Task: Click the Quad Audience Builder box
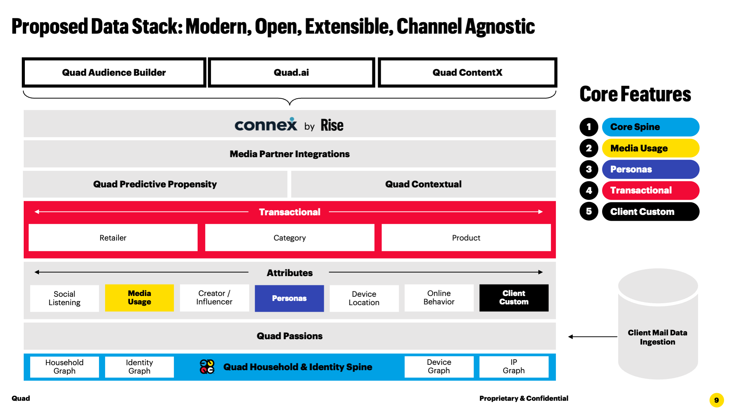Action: coord(114,73)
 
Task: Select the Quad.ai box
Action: coord(291,73)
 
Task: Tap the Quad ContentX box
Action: coord(467,73)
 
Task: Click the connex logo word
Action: coord(266,125)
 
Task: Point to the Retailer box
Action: coord(113,238)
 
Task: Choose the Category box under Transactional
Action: coord(290,238)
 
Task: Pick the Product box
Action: coord(466,238)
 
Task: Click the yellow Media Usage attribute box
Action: coord(140,298)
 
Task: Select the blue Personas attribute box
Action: coord(289,298)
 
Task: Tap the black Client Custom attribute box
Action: coord(514,298)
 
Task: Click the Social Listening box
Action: coord(65,298)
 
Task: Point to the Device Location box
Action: coord(364,298)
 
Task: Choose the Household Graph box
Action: coord(65,367)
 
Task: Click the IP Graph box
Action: coord(514,367)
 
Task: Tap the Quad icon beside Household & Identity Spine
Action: coord(207,367)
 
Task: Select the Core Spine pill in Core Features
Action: coord(650,127)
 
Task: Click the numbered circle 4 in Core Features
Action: coord(589,190)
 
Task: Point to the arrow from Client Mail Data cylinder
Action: coord(593,337)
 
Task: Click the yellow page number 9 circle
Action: coord(716,400)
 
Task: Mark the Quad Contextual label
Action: coord(423,184)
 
